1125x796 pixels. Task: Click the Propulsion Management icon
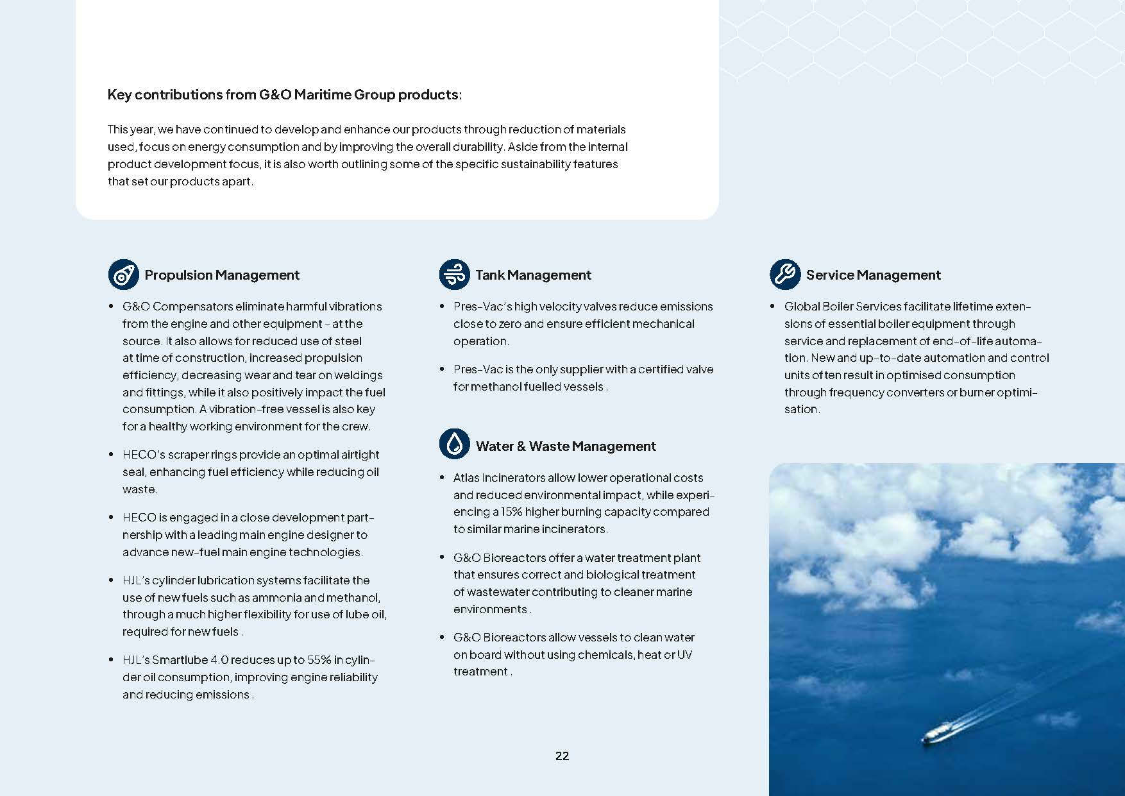pos(123,275)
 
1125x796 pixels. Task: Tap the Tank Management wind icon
pos(455,275)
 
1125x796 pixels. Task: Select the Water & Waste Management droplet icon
pos(455,444)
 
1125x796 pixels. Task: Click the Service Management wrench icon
pos(785,275)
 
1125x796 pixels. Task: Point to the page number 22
pos(562,756)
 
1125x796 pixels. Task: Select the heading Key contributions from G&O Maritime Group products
pos(284,95)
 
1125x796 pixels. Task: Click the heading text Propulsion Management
pos(222,275)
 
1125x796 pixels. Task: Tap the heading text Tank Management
pos(533,275)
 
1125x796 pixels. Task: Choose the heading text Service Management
pos(873,275)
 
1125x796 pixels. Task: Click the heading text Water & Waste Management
pos(566,446)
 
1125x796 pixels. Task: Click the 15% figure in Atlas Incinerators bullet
pos(511,512)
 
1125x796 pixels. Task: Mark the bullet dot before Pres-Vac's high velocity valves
pos(442,307)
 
